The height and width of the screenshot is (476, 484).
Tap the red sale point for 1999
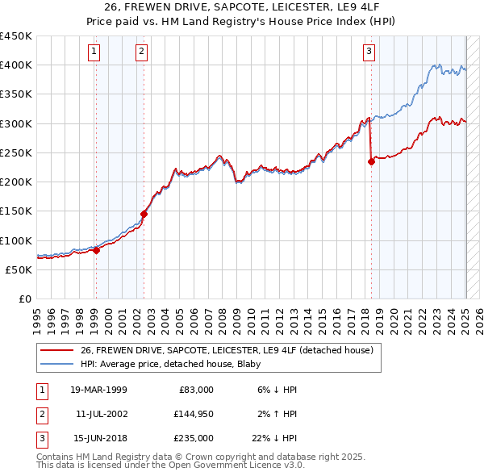coord(96,250)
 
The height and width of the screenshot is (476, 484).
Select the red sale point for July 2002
coord(144,214)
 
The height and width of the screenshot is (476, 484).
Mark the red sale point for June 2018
coord(372,161)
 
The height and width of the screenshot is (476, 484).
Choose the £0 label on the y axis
coord(24,299)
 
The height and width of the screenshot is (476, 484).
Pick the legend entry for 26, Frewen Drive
coord(226,350)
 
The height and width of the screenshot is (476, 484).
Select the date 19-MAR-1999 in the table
coord(98,389)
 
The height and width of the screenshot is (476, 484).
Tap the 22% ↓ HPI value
coord(275,439)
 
